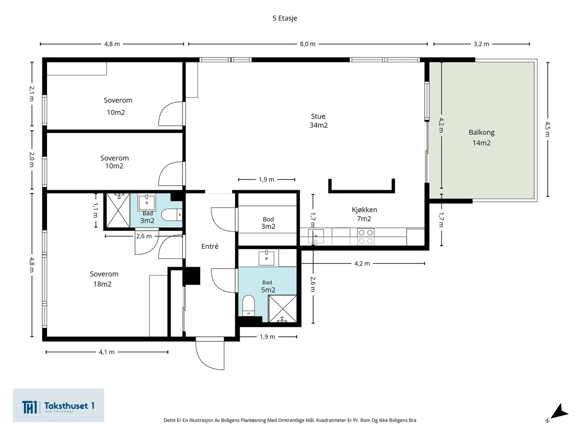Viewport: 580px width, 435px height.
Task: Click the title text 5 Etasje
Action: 285,18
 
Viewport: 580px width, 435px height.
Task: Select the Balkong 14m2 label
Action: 481,137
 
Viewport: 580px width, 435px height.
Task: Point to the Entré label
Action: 210,246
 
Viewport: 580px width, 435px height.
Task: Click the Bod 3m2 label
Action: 268,223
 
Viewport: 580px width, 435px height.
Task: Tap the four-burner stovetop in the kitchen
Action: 366,237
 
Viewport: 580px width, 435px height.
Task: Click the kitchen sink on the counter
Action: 316,236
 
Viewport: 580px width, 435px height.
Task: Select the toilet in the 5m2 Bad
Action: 248,305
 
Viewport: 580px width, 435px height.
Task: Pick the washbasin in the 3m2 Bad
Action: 147,202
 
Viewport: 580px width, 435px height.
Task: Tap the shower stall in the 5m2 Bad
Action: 282,308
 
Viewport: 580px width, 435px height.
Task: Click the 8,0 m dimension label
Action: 307,44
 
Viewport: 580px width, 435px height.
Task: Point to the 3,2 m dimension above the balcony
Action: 481,44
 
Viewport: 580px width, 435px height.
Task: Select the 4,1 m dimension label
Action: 107,352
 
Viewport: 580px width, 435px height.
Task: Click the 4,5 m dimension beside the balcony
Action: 547,129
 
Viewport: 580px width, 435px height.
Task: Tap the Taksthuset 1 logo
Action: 58,405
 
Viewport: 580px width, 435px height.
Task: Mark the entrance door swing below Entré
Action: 210,353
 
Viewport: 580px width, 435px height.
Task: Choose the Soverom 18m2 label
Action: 104,279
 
